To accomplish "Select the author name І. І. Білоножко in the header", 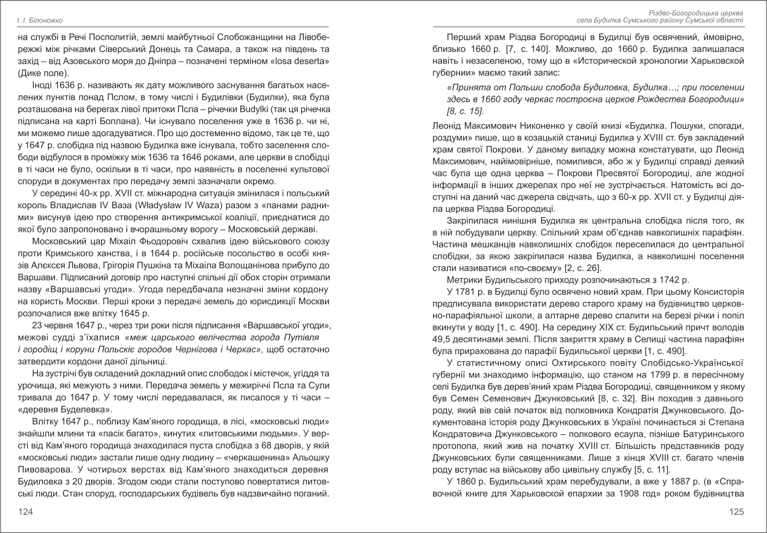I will (x=41, y=21).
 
